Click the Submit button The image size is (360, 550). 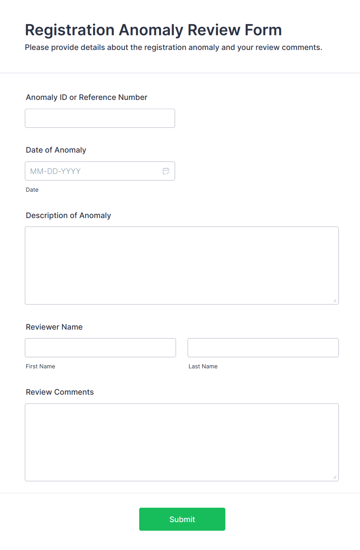click(182, 519)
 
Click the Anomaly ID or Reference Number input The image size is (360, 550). click(100, 118)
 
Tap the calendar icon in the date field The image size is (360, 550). click(166, 171)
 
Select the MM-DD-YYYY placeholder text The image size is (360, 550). click(55, 171)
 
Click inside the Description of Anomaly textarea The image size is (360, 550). click(182, 265)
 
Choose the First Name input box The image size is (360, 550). click(100, 348)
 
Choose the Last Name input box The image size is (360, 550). click(263, 348)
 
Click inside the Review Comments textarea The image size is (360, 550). click(182, 442)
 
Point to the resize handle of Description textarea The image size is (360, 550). click(335, 301)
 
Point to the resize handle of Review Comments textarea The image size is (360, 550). click(335, 477)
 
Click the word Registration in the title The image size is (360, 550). click(70, 30)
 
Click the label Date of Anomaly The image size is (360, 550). click(56, 150)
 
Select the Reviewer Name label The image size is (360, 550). click(54, 327)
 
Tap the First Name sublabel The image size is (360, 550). click(41, 366)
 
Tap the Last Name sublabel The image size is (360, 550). click(203, 366)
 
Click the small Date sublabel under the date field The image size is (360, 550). click(32, 190)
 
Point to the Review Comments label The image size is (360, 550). click(60, 392)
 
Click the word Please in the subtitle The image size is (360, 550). click(37, 48)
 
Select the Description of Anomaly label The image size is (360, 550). click(69, 215)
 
